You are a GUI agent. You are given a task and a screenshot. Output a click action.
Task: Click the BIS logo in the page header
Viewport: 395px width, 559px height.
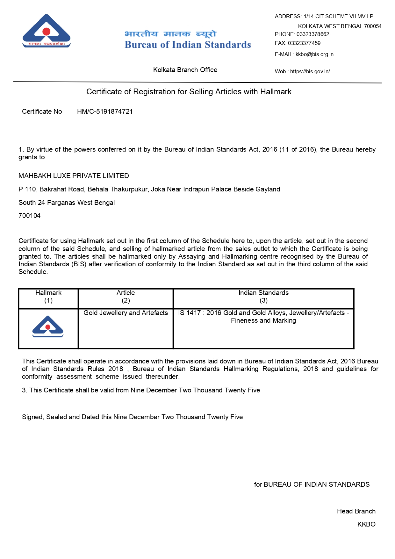(x=47, y=31)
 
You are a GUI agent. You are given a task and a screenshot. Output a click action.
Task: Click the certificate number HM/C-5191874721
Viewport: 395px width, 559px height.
(x=105, y=111)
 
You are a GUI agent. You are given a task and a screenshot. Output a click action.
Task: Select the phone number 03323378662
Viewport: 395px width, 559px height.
(x=312, y=34)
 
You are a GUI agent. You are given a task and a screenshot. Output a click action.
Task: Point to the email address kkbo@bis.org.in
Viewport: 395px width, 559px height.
(x=314, y=54)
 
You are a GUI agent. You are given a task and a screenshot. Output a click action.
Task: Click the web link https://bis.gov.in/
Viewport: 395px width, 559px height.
(x=310, y=71)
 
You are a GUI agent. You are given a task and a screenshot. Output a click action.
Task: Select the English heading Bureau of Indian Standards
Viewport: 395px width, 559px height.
(x=188, y=45)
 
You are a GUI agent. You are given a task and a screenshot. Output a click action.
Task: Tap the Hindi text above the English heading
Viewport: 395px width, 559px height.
(x=170, y=34)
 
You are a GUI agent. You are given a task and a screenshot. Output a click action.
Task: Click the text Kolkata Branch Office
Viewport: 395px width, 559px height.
(x=185, y=70)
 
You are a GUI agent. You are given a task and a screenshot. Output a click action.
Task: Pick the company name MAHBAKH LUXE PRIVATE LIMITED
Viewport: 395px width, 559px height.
(x=74, y=176)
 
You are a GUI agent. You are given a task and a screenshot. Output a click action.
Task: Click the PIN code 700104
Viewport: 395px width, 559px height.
(x=30, y=216)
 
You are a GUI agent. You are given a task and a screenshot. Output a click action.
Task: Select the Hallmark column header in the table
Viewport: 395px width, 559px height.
(x=48, y=293)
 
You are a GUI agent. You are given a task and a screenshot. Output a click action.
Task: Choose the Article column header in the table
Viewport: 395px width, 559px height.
(x=126, y=293)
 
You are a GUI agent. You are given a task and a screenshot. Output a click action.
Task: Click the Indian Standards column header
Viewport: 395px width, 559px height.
(x=263, y=293)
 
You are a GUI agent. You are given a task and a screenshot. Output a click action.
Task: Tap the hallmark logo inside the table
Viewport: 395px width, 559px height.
(x=48, y=327)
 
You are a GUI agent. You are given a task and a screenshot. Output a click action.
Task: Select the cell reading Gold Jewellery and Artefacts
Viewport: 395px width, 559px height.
(x=126, y=313)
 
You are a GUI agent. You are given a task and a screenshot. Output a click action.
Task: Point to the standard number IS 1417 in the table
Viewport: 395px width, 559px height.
(x=189, y=313)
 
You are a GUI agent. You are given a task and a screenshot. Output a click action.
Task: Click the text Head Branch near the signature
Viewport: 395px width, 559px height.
(x=356, y=511)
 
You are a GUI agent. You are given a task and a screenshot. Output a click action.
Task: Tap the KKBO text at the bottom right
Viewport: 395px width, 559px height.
(x=366, y=524)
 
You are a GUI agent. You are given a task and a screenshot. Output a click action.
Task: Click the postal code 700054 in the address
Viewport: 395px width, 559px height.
(x=373, y=26)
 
